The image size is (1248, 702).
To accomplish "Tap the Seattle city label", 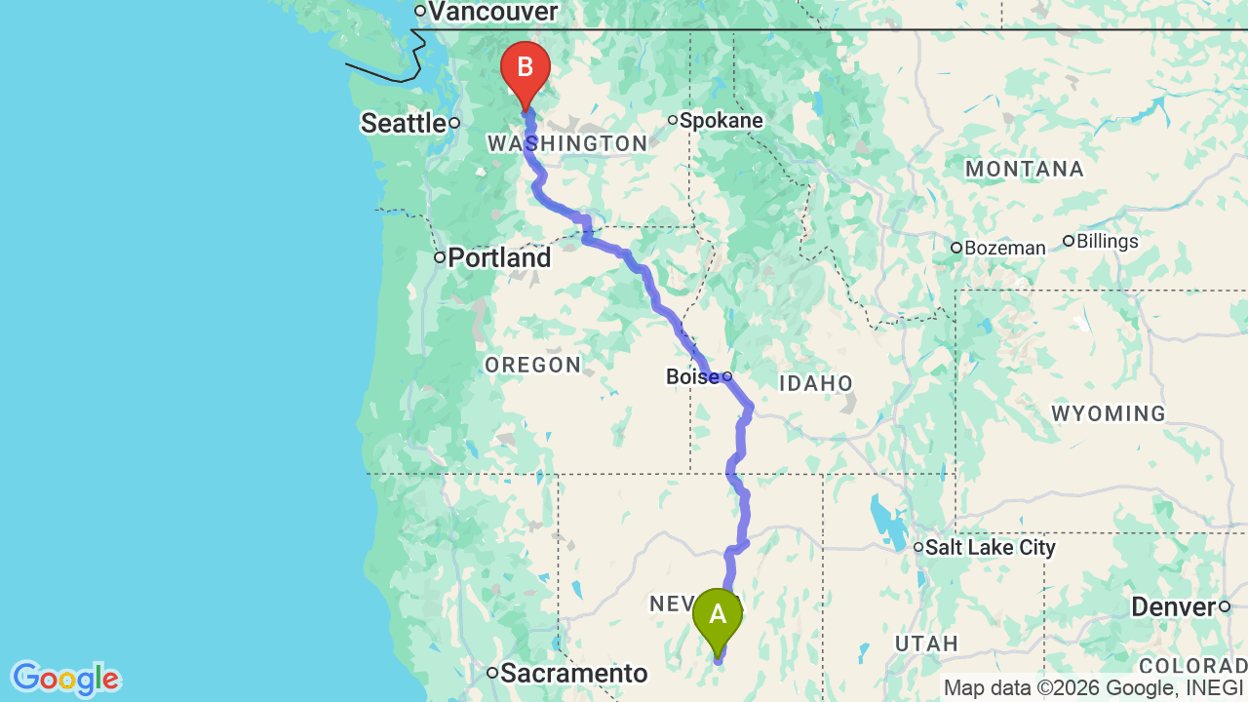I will (x=404, y=123).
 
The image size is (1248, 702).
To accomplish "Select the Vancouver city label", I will (x=492, y=12).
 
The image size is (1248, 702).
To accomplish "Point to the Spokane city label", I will (x=721, y=121).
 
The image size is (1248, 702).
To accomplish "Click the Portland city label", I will (x=499, y=258).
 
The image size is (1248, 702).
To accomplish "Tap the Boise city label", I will (x=692, y=376).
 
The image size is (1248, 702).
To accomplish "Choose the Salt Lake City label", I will (x=990, y=548).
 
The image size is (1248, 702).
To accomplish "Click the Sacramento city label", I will (x=574, y=673).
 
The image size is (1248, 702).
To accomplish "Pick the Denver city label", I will (x=1173, y=607).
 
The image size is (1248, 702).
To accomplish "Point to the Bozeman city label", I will (x=1004, y=248).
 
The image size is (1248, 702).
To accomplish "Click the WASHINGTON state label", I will (x=566, y=144).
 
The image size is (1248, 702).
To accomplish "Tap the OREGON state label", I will (x=532, y=366).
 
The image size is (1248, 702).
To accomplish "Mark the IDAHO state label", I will (x=816, y=384).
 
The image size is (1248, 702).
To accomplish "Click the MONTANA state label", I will (x=1025, y=170).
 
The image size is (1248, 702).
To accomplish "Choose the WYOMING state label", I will (x=1109, y=414).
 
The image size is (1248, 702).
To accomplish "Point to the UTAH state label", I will (x=925, y=643).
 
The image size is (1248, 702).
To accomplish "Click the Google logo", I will (x=65, y=679).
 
